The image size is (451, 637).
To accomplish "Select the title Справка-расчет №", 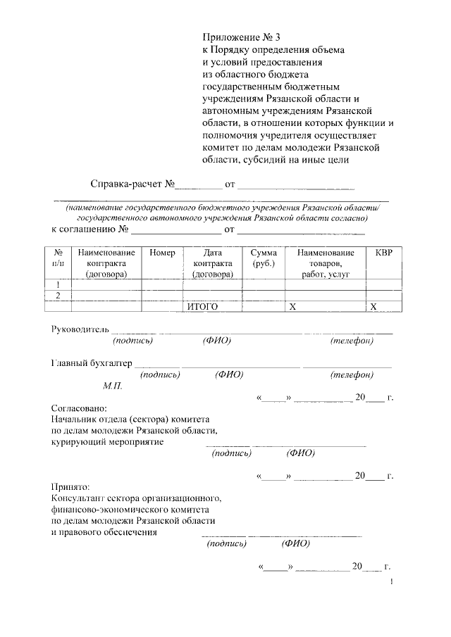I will [x=132, y=186].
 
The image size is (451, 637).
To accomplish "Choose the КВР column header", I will [x=384, y=252].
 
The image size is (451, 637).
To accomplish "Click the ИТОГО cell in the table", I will [x=202, y=306].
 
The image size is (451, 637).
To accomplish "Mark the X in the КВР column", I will [x=374, y=306].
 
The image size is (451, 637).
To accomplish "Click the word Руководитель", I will [x=80, y=329].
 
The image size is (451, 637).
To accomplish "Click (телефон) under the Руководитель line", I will [x=351, y=341].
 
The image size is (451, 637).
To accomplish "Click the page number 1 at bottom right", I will [x=390, y=582].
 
